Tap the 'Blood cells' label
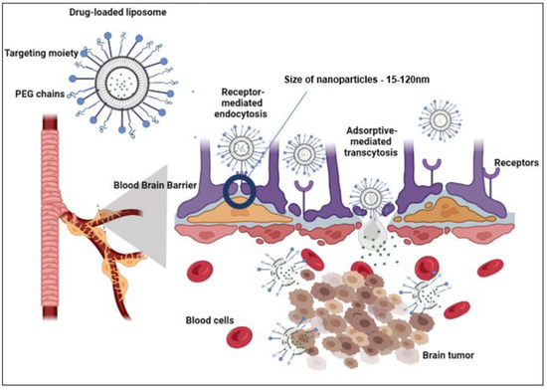point(211,321)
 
